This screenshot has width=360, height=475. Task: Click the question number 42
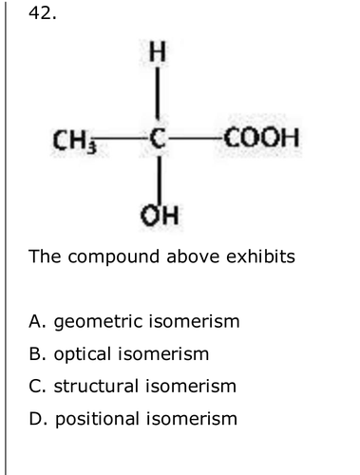(x=43, y=13)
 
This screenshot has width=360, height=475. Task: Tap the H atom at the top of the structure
(x=158, y=51)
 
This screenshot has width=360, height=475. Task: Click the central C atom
(x=158, y=139)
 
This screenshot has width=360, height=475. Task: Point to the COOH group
(x=261, y=138)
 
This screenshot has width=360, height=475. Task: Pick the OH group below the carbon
(x=160, y=216)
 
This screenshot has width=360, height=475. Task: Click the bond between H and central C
(x=158, y=94)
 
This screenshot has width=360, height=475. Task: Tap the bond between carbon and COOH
(x=195, y=138)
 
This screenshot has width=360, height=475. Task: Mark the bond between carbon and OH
(x=160, y=180)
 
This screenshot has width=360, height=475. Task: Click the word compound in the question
(x=114, y=257)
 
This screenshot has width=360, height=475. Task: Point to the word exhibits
(x=260, y=256)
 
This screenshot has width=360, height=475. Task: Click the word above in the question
(x=193, y=256)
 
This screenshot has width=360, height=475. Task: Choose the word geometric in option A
(x=98, y=322)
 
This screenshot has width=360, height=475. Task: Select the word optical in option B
(x=83, y=354)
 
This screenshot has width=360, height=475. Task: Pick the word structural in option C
(x=96, y=386)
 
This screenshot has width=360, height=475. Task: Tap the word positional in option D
(x=98, y=420)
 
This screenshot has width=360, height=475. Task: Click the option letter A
(x=34, y=321)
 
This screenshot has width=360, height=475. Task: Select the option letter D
(x=35, y=419)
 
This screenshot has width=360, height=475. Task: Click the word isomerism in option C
(x=191, y=386)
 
